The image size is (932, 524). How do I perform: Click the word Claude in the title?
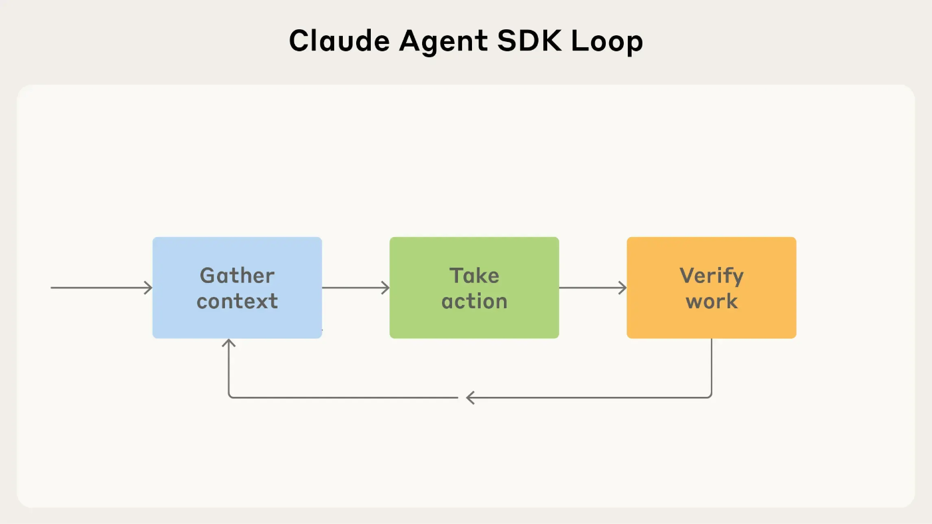339,42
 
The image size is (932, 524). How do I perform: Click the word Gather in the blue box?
237,276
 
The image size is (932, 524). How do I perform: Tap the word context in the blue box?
237,301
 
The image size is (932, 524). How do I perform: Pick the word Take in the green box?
474,276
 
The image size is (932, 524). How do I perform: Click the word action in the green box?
474,301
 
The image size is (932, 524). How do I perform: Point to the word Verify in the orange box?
711,276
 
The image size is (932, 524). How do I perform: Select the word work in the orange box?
711,301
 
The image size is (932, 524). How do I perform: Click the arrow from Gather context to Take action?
355,288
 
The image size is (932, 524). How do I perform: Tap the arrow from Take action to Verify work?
592,288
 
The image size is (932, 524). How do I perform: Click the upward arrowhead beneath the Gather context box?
229,343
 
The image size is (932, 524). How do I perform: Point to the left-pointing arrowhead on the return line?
470,397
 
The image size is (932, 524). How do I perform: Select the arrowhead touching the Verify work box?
622,288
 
